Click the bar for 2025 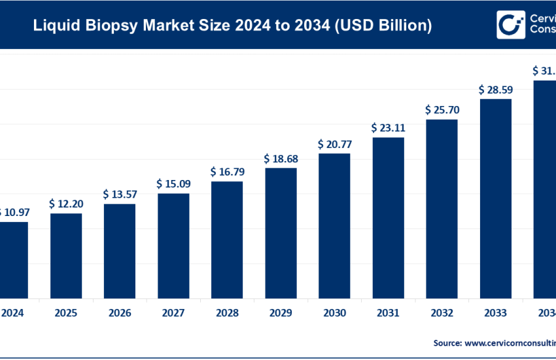coord(66,255)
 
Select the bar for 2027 coord(173,245)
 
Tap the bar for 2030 coord(334,225)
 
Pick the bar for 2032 coord(442,209)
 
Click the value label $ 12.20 coord(66,204)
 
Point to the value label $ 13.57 coord(120,194)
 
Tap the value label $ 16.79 coord(227,171)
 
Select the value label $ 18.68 coord(281,158)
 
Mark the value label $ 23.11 coord(388,128)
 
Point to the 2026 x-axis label coord(120,313)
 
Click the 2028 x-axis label coord(227,313)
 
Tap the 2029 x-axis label coord(281,313)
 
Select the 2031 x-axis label coord(388,313)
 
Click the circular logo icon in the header coord(510,25)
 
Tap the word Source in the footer coord(449,342)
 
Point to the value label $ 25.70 coord(442,109)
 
